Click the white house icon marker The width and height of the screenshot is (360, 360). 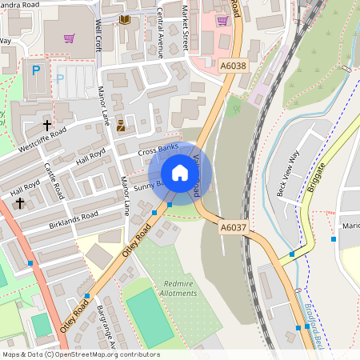tap(180, 172)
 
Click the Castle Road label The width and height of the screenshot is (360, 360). tap(54, 181)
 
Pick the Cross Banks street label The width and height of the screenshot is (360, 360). tap(158, 150)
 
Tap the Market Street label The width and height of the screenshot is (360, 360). tap(184, 26)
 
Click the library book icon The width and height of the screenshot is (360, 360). tap(125, 19)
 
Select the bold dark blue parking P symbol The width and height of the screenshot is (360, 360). tap(35, 70)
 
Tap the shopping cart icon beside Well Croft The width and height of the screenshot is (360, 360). tap(70, 38)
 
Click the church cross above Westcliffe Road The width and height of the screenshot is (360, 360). tap(46, 126)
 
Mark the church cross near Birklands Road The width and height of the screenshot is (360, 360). tap(20, 203)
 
